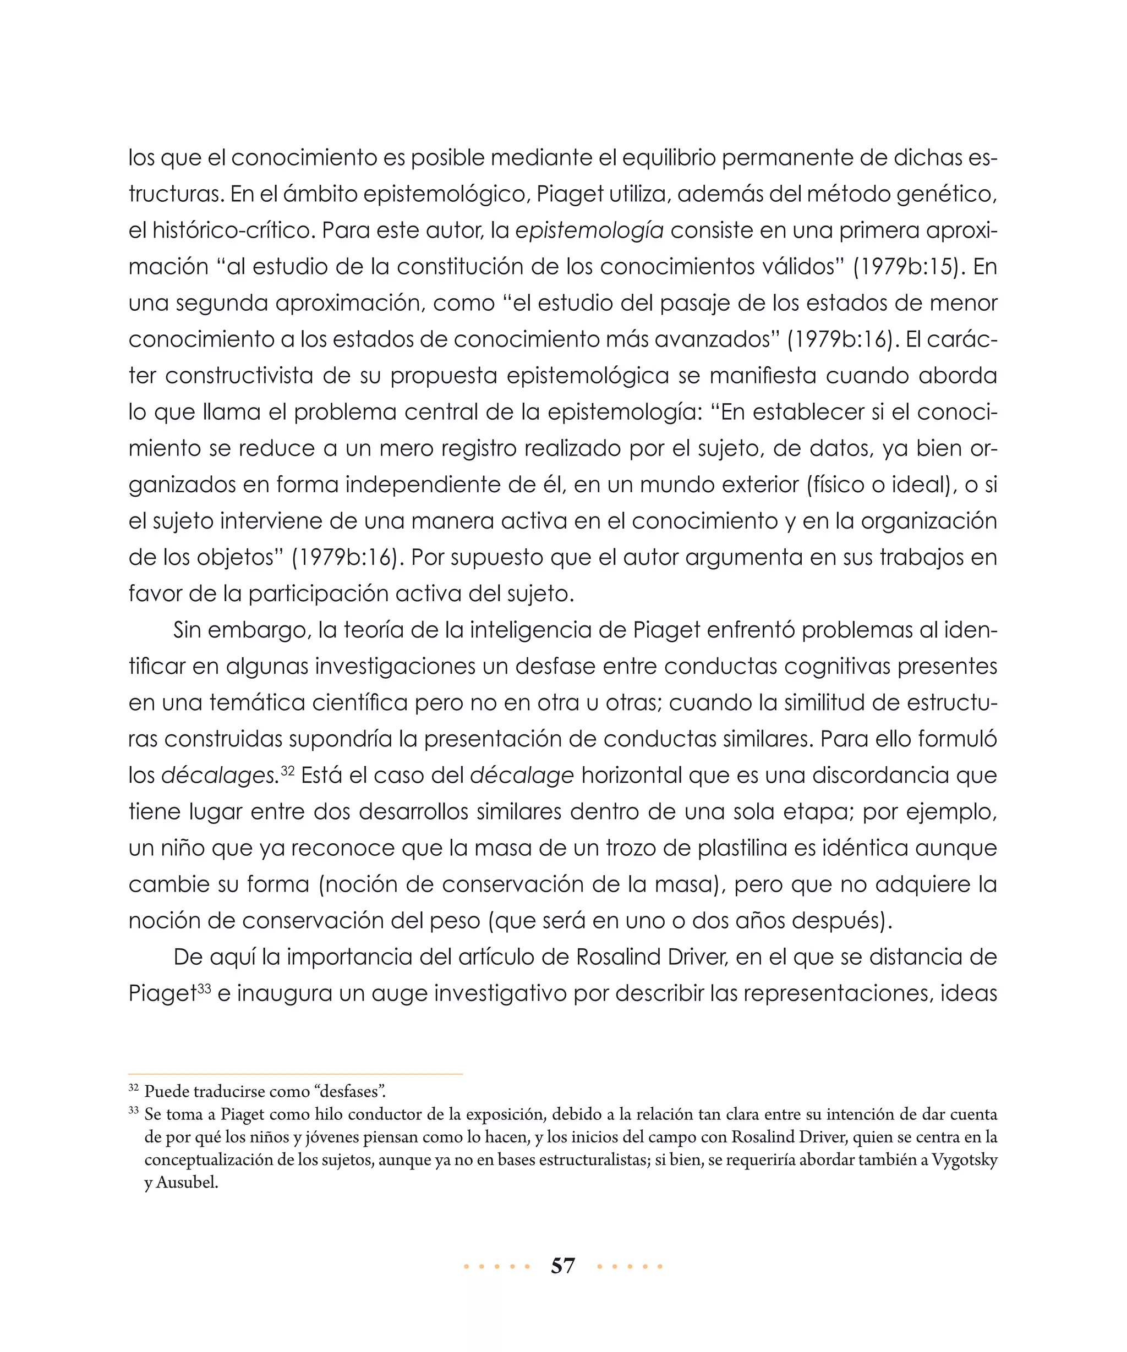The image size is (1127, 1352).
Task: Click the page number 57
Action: pos(563,1266)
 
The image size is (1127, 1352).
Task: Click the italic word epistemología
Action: pos(589,230)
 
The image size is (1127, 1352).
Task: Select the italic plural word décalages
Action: pos(219,775)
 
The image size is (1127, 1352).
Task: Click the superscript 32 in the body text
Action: pos(287,770)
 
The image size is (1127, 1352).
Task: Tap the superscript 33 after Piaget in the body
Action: pos(205,988)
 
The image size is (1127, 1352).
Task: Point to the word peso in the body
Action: pos(458,921)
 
